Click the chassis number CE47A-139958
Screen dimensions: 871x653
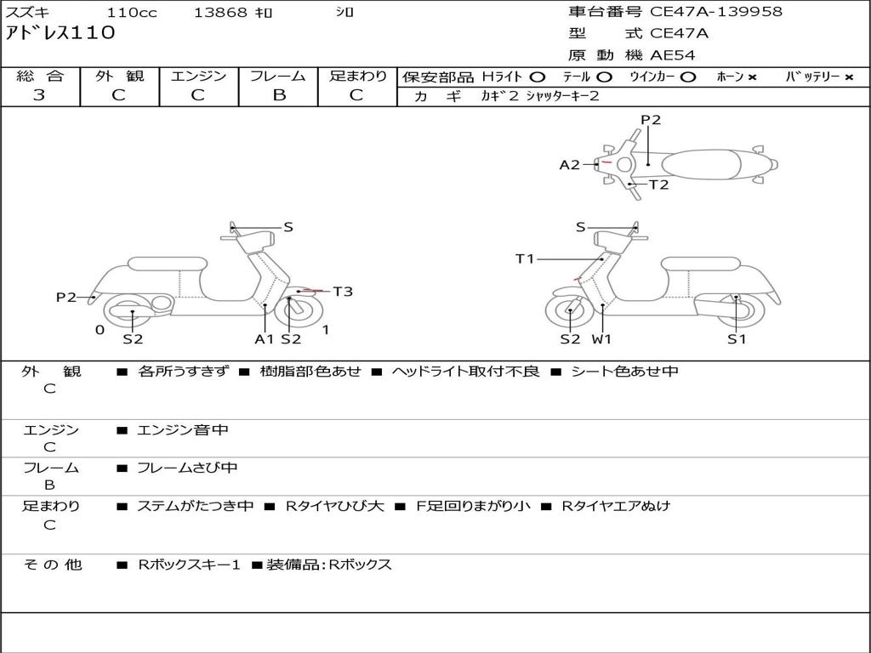[x=716, y=12]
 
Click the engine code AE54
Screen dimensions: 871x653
[x=673, y=55]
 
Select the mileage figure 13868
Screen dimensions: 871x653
[x=220, y=12]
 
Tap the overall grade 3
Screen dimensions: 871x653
[x=39, y=95]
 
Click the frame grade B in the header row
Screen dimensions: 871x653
[x=279, y=95]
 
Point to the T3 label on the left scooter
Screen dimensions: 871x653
[x=343, y=292]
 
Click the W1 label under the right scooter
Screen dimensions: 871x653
[x=601, y=338]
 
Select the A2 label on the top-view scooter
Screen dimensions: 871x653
[x=569, y=165]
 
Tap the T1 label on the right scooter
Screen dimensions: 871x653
[x=525, y=258]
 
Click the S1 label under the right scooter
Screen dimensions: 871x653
[x=737, y=338]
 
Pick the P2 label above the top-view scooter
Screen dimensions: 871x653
[x=651, y=120]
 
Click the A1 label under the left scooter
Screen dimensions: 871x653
[x=265, y=338]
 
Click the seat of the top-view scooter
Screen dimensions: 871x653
[x=701, y=165]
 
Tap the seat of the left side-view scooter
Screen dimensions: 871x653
[x=168, y=264]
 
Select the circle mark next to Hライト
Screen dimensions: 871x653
[x=538, y=77]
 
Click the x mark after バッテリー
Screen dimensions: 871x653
[x=850, y=77]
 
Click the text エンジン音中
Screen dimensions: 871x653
[x=183, y=429]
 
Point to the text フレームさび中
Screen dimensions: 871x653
[x=187, y=468]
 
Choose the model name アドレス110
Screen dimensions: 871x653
[x=60, y=33]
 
